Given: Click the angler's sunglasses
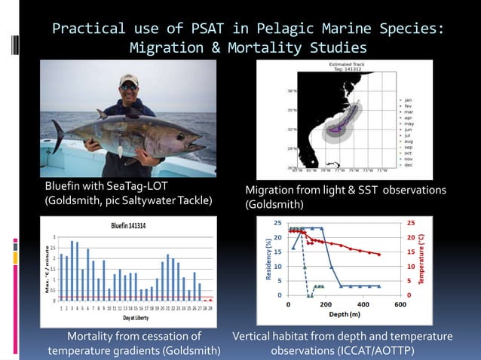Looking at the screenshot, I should [x=128, y=87].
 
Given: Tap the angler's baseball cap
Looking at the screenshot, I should [x=128, y=79].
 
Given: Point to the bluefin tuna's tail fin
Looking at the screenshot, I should [x=59, y=136].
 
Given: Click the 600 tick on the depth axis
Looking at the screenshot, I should [x=400, y=304].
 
